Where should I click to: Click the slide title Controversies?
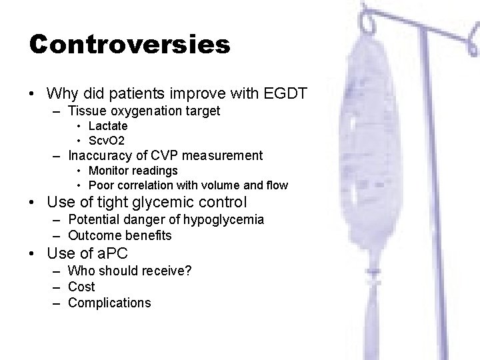pyautogui.click(x=130, y=45)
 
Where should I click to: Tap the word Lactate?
pyautogui.click(x=108, y=125)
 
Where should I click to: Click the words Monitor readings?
pyautogui.click(x=133, y=171)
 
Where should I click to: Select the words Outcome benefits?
pyautogui.click(x=120, y=235)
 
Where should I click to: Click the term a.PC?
pyautogui.click(x=108, y=253)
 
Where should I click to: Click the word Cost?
pyautogui.click(x=81, y=287)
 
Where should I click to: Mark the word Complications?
pyautogui.click(x=109, y=303)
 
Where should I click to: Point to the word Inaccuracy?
pyautogui.click(x=99, y=156)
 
